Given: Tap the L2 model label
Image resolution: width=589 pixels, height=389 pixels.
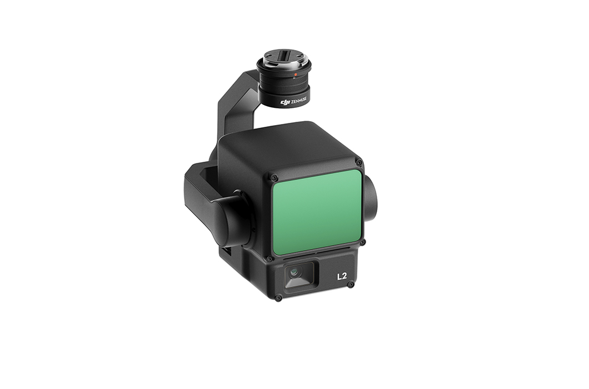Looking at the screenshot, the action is click(342, 277).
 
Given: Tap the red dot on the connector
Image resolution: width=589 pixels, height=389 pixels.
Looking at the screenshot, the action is click(296, 75).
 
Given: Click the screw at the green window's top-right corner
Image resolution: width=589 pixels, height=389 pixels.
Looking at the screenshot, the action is click(359, 162).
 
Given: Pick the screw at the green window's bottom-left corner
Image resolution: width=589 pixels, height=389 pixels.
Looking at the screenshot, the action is click(269, 258).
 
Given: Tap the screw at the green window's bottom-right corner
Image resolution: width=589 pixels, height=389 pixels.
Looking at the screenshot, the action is click(362, 243).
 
